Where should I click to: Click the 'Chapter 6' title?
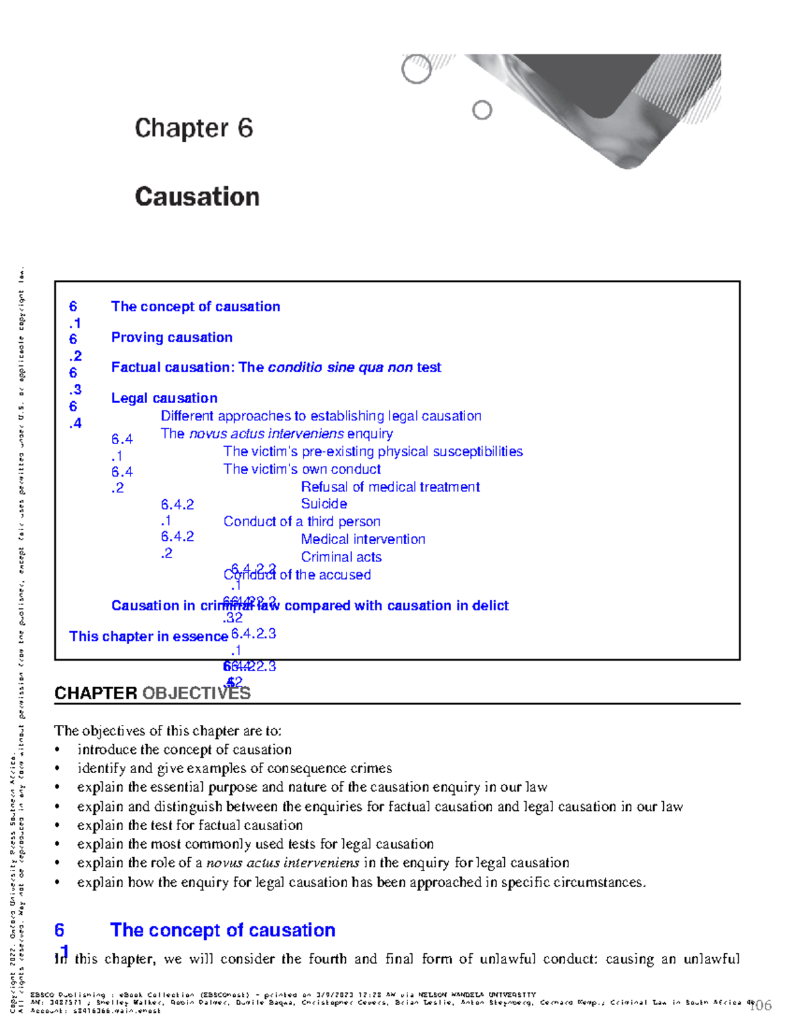coord(193,128)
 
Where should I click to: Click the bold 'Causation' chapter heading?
coord(197,197)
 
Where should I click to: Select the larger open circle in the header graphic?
coord(417,69)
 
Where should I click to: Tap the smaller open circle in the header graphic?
coord(482,110)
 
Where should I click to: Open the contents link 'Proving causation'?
coord(172,338)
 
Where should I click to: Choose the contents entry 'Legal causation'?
coord(164,398)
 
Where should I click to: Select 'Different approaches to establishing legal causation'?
coord(321,416)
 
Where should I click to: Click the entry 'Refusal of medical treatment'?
coord(390,487)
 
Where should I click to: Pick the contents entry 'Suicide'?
coord(324,504)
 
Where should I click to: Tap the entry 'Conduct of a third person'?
coord(301,522)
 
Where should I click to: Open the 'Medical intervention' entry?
coord(363,539)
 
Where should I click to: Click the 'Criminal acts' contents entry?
coord(341,557)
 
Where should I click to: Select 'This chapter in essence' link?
coord(148,636)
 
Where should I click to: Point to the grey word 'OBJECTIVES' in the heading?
coord(196,693)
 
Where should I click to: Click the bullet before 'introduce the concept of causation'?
coord(58,750)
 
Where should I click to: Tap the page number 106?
coord(760,1006)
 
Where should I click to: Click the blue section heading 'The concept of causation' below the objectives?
coord(223,930)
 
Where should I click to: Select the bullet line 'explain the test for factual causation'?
coord(189,825)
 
